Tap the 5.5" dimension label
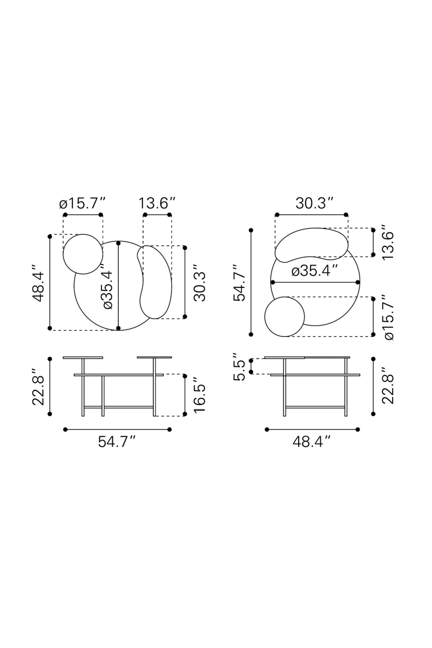[240, 366]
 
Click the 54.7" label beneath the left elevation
[117, 442]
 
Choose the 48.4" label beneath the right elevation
[312, 442]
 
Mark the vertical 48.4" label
[38, 282]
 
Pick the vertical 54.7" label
[240, 282]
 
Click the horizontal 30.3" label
[315, 204]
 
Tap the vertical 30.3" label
[199, 282]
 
